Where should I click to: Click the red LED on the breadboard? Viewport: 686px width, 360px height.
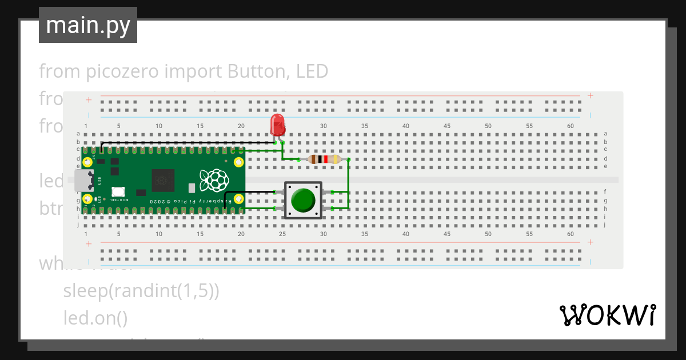(277, 123)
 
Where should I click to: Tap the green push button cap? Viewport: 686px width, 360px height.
(303, 199)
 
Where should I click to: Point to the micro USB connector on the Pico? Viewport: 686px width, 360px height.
(83, 180)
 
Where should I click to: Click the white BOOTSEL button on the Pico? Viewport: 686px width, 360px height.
(118, 193)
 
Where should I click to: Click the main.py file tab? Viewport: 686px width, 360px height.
(88, 25)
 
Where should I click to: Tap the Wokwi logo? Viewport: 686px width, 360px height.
(607, 315)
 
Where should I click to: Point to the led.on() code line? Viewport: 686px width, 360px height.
(95, 318)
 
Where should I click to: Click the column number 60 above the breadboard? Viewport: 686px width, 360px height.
(570, 126)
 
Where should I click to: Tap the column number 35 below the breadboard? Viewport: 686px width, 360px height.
(364, 234)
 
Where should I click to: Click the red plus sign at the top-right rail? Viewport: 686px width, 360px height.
(590, 96)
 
